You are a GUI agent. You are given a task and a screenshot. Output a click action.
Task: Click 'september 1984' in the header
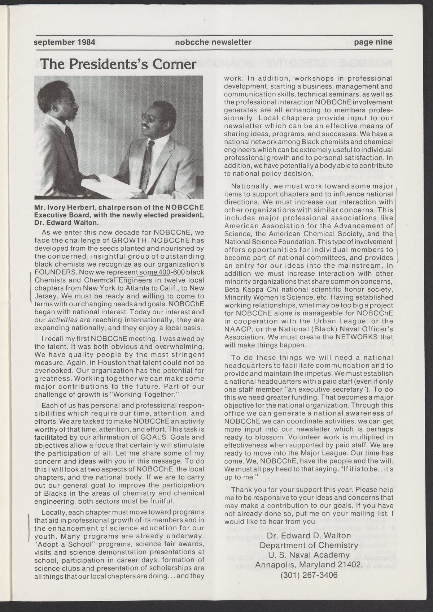point(64,42)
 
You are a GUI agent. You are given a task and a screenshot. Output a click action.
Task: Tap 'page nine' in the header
point(373,42)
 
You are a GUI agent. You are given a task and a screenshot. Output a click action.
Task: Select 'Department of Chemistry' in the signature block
point(309,545)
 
